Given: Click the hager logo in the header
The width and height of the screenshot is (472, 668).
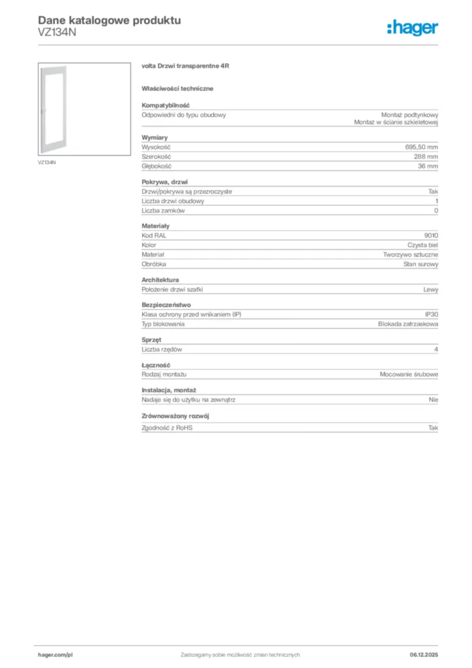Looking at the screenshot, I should (412, 27).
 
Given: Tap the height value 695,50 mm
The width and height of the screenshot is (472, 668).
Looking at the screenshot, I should (422, 147).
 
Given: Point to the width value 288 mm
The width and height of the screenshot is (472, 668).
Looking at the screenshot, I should (426, 157).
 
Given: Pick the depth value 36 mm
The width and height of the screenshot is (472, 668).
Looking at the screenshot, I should (428, 166).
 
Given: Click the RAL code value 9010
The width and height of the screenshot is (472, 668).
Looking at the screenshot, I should (431, 235).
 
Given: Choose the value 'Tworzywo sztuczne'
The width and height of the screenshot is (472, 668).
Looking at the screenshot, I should (411, 254).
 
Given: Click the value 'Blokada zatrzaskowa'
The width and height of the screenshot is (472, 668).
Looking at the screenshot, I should (408, 324).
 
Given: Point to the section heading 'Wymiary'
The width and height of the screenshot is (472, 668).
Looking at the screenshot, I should (155, 138).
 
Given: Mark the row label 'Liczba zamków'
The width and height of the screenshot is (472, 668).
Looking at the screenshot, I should (163, 211).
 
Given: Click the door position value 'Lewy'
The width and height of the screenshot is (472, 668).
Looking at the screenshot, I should (431, 289).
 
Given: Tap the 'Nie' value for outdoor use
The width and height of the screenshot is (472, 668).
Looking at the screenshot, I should (434, 399).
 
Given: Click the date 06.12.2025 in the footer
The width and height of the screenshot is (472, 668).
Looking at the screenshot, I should (424, 654).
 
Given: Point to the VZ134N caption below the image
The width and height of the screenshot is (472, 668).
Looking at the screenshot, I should (46, 162).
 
